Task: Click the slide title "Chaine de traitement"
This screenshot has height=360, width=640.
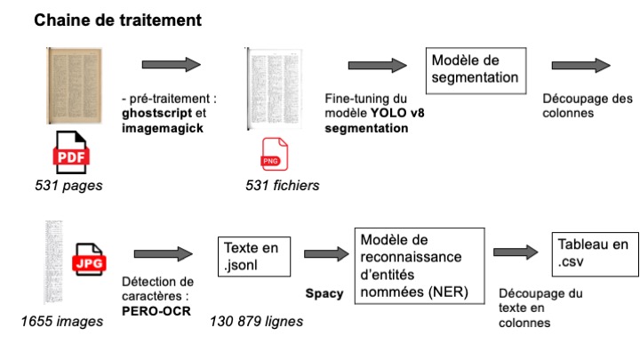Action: (x=117, y=19)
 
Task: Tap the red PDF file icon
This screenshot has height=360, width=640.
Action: (x=68, y=152)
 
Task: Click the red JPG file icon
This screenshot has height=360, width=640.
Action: (x=89, y=258)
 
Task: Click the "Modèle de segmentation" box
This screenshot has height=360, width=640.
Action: (x=476, y=68)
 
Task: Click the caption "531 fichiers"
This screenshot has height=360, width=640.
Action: (x=282, y=186)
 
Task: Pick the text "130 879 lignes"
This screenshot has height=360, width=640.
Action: (x=256, y=320)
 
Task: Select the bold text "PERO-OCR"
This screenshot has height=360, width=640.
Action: (x=150, y=311)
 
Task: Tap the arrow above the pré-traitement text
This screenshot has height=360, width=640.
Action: (x=171, y=65)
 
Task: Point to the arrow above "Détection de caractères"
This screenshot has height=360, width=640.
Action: (x=163, y=252)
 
